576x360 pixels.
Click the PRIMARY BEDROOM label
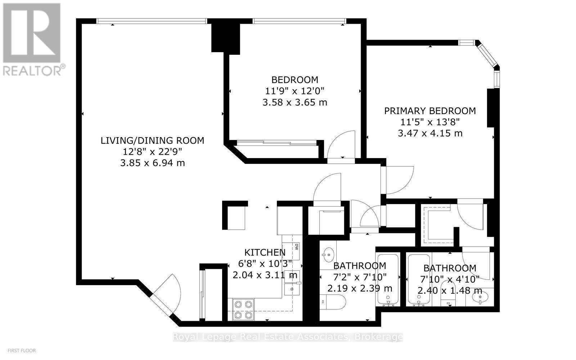pyautogui.click(x=430, y=111)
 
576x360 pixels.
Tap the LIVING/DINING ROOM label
pyautogui.click(x=152, y=140)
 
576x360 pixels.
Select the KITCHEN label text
pyautogui.click(x=265, y=252)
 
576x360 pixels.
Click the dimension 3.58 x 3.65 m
pyautogui.click(x=295, y=103)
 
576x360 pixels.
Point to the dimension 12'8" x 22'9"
pyautogui.click(x=152, y=152)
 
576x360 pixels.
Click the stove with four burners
pyautogui.click(x=243, y=310)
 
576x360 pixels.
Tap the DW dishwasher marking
pyautogui.click(x=297, y=247)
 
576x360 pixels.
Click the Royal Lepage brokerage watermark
pyautogui.click(x=288, y=337)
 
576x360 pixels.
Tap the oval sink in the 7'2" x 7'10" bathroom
pyautogui.click(x=328, y=255)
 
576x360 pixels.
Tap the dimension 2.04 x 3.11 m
pyautogui.click(x=265, y=275)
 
